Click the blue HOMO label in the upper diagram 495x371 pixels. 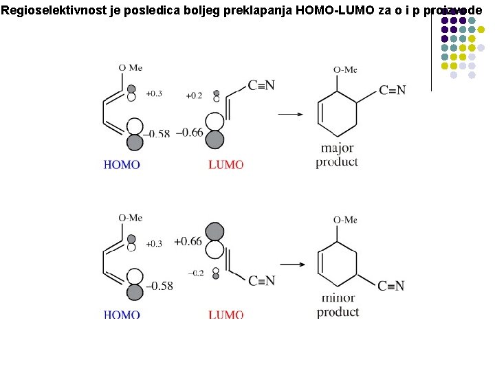pos(122,165)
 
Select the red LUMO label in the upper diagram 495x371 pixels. pos(225,165)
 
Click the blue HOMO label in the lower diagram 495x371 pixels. pos(122,315)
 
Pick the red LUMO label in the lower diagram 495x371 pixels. pos(225,315)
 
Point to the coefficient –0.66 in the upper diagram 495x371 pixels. pos(189,132)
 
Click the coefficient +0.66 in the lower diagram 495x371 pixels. pos(188,240)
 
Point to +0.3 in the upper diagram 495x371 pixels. pos(154,93)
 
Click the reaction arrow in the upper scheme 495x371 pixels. pos(290,114)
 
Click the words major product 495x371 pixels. pos(337,155)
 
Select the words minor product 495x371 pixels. pos(338,306)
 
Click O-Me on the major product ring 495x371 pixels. pos(345,69)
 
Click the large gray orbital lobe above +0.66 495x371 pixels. pos(214,231)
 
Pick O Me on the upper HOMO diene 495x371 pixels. pos(130,67)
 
